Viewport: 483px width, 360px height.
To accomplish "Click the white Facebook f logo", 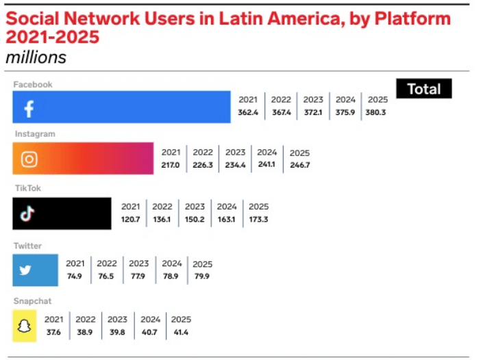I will [29, 109].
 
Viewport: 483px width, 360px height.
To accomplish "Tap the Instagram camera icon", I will [29, 159].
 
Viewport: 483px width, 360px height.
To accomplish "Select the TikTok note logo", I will [27, 214].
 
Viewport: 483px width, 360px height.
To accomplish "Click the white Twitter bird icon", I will [26, 270].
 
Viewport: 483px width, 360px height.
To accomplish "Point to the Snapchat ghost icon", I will [25, 325].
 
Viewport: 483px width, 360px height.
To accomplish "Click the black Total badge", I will [424, 89].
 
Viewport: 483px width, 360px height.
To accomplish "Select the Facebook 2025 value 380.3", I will [375, 113].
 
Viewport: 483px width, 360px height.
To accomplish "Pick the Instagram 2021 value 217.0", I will [171, 165].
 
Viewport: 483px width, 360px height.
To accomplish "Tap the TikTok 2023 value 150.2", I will [195, 219].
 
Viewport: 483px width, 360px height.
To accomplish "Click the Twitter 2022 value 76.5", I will [106, 277].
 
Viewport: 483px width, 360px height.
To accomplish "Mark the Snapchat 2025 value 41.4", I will [181, 332].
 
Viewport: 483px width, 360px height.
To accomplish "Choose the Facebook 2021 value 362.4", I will [247, 113].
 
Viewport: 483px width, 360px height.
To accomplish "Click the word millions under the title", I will [36, 57].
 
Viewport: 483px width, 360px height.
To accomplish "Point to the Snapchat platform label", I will [32, 301].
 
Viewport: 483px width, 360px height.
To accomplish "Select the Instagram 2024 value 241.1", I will [267, 165].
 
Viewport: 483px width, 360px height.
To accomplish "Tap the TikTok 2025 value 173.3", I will [258, 219].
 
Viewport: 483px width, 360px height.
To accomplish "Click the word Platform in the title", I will [412, 18].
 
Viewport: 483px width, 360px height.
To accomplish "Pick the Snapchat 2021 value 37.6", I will [53, 332].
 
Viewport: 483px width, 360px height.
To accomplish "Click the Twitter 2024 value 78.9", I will [172, 277].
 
